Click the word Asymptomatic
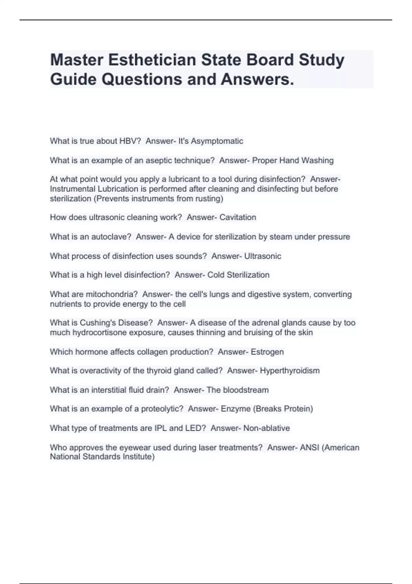pyautogui.click(x=217, y=141)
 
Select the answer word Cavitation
pyautogui.click(x=238, y=217)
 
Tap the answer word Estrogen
pyautogui.click(x=267, y=352)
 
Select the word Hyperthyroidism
pyautogui.click(x=290, y=370)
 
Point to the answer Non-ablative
pyautogui.click(x=267, y=428)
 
